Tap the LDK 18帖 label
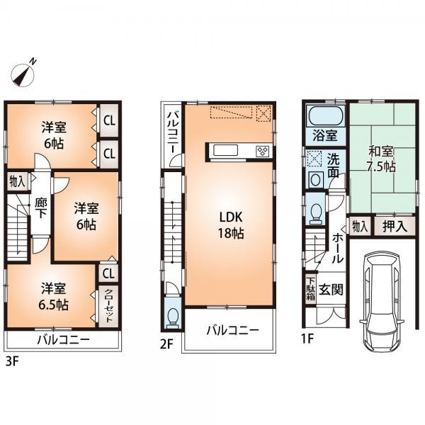[x=228, y=225]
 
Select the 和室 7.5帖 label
[x=382, y=159]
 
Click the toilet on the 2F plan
[x=172, y=316]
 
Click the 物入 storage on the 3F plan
[x=17, y=182]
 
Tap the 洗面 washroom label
[x=334, y=165]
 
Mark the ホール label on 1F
[x=338, y=248]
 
